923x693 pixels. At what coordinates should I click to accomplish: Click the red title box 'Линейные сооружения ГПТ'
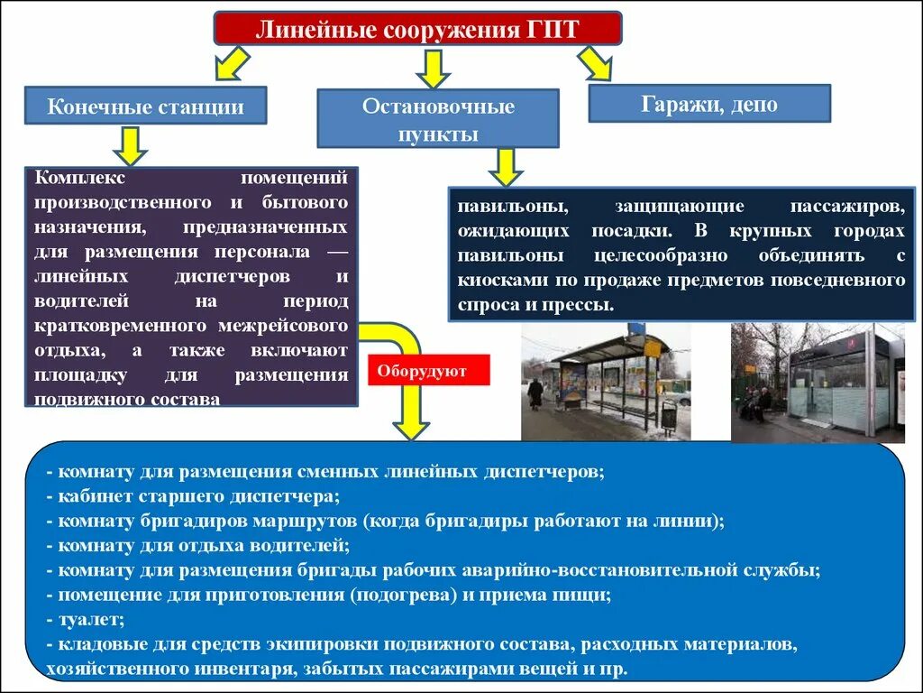[417, 28]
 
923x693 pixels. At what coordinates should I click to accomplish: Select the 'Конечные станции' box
[145, 106]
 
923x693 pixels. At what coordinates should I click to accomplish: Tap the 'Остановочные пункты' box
[438, 119]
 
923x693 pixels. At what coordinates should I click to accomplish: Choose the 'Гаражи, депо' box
[709, 104]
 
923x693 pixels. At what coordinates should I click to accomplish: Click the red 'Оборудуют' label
[428, 370]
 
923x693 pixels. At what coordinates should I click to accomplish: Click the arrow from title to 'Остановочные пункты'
[434, 68]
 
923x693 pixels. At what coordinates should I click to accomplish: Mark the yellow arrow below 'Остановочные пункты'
[506, 167]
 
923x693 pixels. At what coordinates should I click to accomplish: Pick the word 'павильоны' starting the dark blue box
[500, 206]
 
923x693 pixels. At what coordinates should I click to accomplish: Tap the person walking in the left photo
[535, 393]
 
